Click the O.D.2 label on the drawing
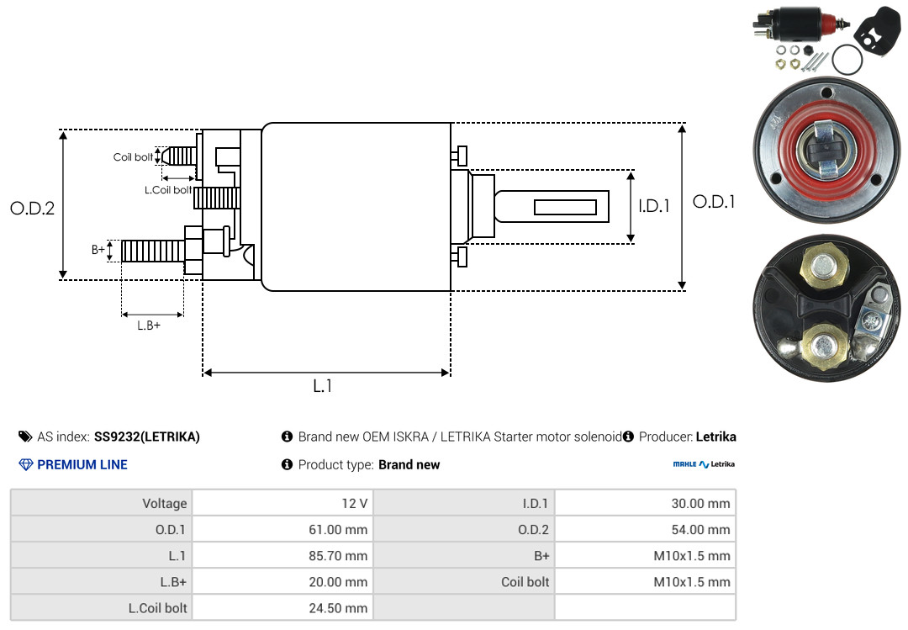[x=33, y=208]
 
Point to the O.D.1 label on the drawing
[x=714, y=202]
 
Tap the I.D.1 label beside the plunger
[x=654, y=206]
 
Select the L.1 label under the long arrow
[x=323, y=386]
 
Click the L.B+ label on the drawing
[x=149, y=326]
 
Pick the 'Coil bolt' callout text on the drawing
[x=133, y=157]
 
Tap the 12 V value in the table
[x=355, y=504]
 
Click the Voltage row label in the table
[x=165, y=504]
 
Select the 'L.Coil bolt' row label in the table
[x=157, y=608]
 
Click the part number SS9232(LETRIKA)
[x=147, y=437]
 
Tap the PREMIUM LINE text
[x=82, y=465]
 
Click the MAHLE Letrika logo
[x=704, y=464]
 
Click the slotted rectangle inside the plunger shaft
[x=565, y=207]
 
